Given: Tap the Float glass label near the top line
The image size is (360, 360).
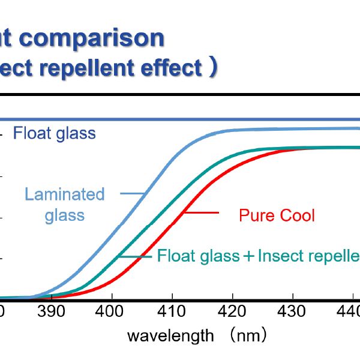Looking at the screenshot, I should [x=55, y=133].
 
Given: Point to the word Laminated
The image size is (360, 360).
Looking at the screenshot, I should [x=64, y=194].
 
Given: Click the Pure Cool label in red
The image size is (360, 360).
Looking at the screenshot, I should [x=277, y=215].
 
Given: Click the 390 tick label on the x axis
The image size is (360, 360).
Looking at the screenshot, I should [x=52, y=312].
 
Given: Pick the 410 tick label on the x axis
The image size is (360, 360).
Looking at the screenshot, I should [x=172, y=312].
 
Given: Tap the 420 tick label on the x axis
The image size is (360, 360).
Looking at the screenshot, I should [x=232, y=312].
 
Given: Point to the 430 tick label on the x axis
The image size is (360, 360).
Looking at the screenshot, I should [x=292, y=312].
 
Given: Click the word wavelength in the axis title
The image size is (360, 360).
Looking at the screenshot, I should [x=170, y=335].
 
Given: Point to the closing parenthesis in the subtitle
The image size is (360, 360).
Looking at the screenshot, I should [x=212, y=68].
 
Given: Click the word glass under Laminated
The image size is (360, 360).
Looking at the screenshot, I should [x=64, y=215].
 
